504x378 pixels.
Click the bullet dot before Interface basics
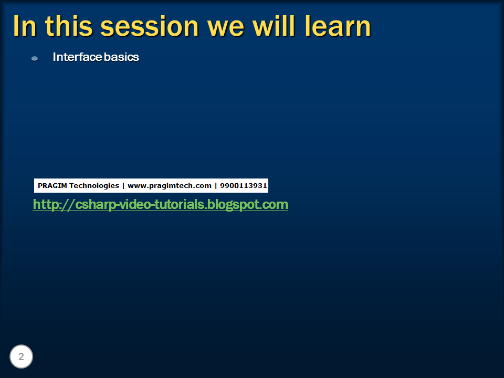pos(35,58)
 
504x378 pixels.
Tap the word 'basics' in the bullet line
pos(121,57)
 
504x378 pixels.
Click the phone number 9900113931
pos(244,186)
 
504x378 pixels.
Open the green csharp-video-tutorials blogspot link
pos(160,204)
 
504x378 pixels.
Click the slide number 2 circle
pos(22,357)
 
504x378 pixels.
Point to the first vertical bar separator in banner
pos(123,186)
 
